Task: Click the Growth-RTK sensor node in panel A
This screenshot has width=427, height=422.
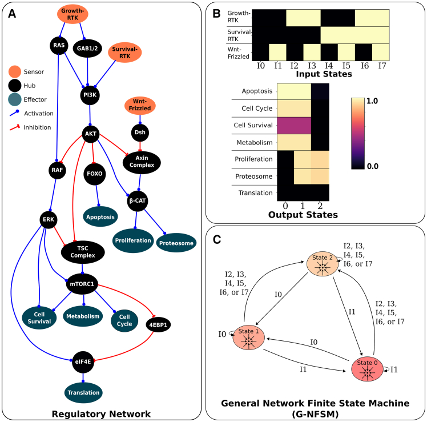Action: tap(72, 14)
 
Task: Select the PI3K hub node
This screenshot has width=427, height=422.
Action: tap(90, 95)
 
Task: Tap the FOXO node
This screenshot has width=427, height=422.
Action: tap(95, 174)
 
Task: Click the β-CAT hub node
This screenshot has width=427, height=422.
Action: tap(138, 201)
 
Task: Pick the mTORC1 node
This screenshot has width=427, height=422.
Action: tap(82, 284)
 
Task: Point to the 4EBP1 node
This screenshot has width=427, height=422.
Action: tap(158, 325)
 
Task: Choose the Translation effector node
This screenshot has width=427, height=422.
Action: tap(83, 392)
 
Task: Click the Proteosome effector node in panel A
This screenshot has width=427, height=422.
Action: tap(176, 243)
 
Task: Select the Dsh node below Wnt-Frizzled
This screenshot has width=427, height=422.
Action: tap(140, 132)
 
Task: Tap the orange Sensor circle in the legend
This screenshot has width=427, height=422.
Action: tap(15, 71)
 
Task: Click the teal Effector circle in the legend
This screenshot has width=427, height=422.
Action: tap(15, 99)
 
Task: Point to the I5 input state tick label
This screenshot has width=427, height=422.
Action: tap(346, 66)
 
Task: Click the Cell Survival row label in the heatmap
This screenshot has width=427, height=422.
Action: tap(253, 125)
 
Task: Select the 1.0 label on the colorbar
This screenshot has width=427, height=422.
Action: tap(372, 101)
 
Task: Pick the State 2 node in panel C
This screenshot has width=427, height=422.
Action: tap(323, 263)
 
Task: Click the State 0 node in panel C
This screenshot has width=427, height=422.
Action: tap(367, 369)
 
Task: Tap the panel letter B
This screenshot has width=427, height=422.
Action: tap(216, 13)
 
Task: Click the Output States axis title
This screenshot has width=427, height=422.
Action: tap(303, 215)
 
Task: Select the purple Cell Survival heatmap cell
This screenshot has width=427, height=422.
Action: tap(294, 126)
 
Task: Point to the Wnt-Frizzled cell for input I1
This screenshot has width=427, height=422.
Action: tap(277, 52)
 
